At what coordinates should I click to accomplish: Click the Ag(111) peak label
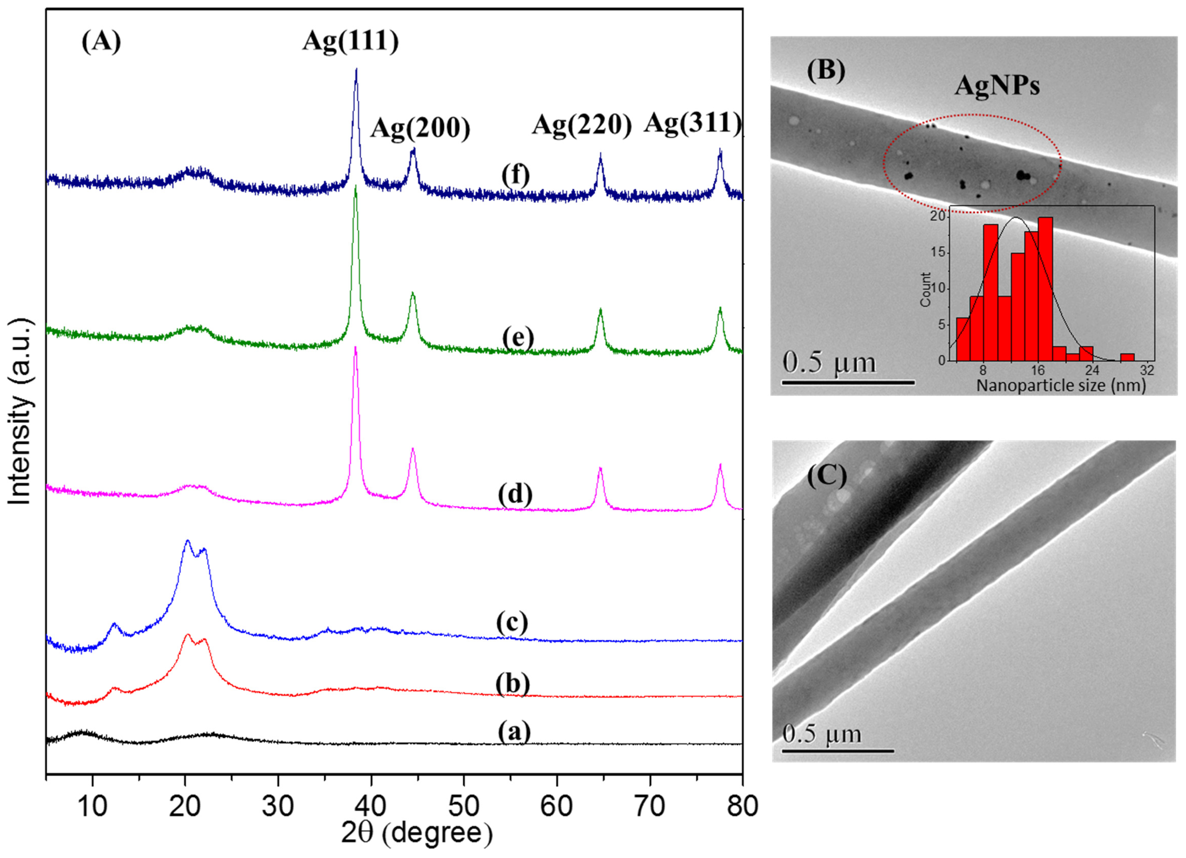pos(350,41)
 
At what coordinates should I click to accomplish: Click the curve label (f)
pos(515,175)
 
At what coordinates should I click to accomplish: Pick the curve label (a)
pos(514,732)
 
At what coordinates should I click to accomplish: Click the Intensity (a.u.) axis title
pos(20,412)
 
